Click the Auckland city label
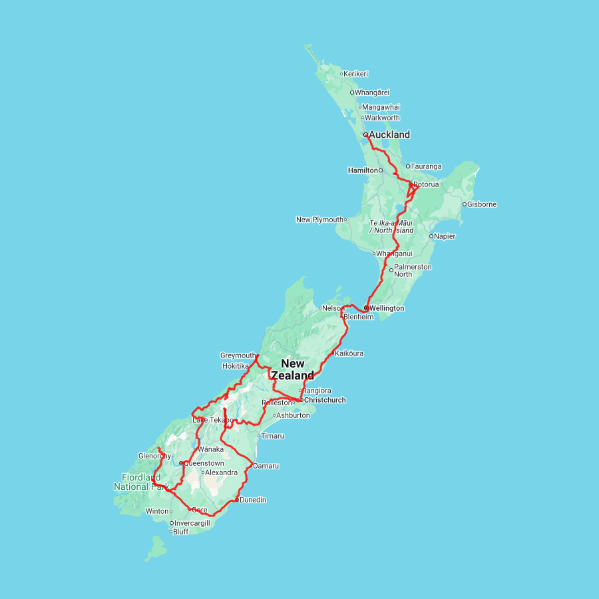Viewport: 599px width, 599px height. pos(389,134)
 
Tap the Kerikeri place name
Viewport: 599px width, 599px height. pos(356,74)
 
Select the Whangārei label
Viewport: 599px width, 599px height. pos(372,93)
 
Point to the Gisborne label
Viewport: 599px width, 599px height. pos(482,204)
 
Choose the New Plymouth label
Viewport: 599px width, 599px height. pos(319,220)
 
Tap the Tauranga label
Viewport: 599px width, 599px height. pos(426,166)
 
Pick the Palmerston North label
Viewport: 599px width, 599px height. pos(413,270)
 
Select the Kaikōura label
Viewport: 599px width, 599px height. pos(349,353)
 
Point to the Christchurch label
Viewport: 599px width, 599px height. pos(325,400)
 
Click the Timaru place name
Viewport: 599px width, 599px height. pos(273,436)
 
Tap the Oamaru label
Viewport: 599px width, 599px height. pos(266,466)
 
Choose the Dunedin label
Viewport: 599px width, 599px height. pos(253,500)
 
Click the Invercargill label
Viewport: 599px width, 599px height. pos(192,523)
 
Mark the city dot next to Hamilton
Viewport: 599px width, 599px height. pos(381,170)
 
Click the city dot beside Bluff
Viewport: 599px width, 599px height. pos(171,532)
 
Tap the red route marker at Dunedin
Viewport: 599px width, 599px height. pos(237,499)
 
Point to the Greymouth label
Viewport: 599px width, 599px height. pos(238,355)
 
